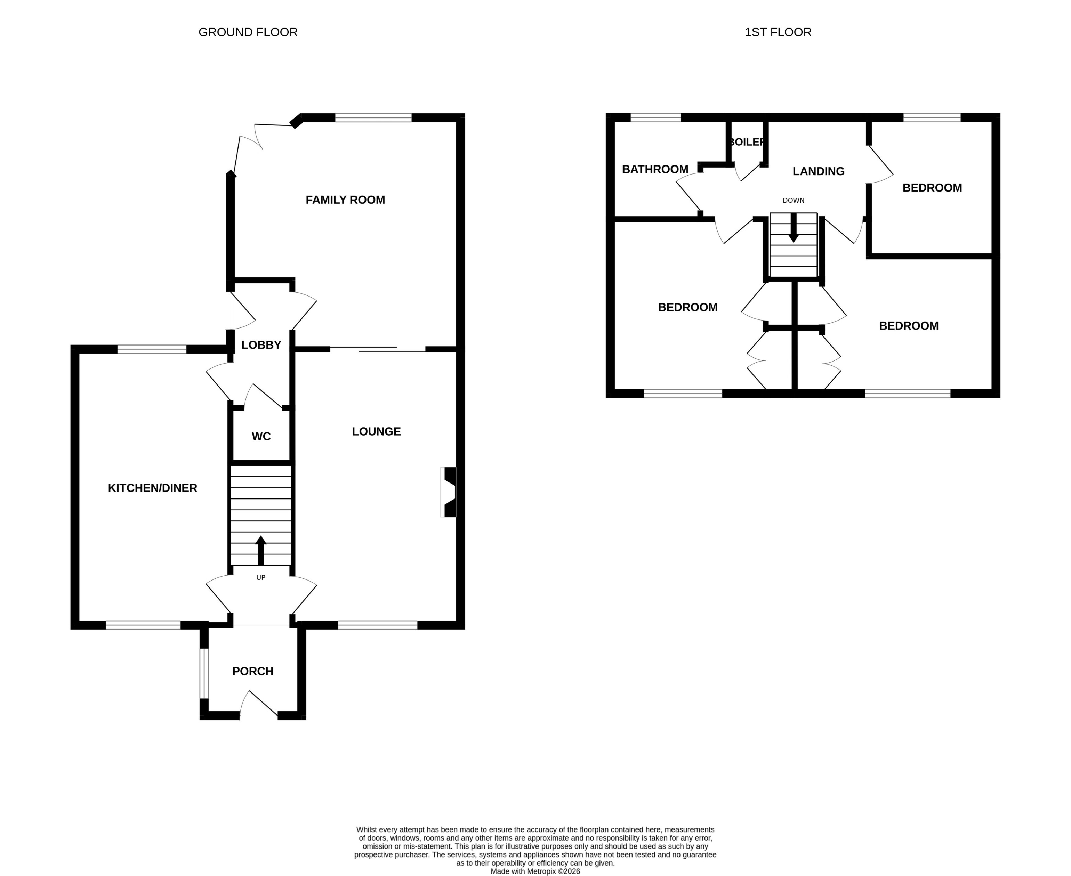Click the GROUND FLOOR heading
coord(248,32)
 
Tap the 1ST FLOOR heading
coord(778,32)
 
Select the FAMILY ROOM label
coord(345,200)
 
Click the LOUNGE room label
coord(376,431)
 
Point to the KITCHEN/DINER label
coord(152,488)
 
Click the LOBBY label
coord(261,345)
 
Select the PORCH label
coord(253,671)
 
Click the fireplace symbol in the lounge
coord(449,492)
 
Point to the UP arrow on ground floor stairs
coord(261,550)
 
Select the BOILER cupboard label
coord(747,142)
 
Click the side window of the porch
coord(203,673)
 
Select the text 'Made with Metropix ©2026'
coord(535,871)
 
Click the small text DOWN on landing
coord(794,200)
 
